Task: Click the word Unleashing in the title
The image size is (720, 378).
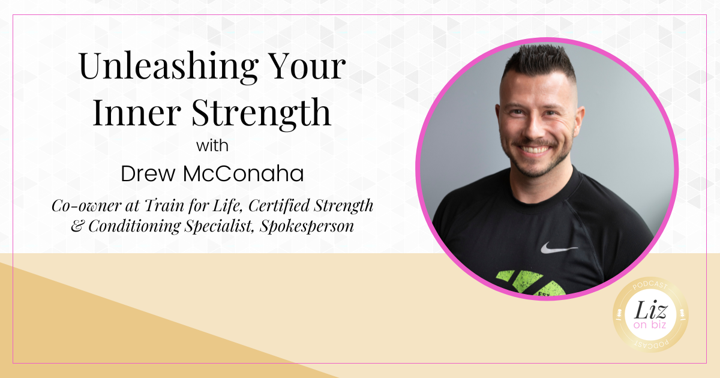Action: (x=169, y=67)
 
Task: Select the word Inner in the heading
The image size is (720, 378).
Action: (x=137, y=113)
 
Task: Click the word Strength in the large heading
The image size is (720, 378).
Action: (x=262, y=114)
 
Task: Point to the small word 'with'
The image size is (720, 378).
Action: (x=212, y=146)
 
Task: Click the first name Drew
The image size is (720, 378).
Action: (x=148, y=173)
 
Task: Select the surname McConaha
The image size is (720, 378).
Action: (x=244, y=173)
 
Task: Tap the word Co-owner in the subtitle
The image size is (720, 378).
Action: (x=86, y=206)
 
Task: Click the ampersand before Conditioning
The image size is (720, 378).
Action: (x=77, y=226)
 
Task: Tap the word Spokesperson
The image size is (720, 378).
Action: (x=307, y=226)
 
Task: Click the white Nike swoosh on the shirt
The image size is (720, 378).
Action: (x=559, y=248)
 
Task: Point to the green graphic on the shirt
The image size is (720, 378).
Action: (x=532, y=283)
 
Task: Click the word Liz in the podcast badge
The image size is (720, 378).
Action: (x=650, y=310)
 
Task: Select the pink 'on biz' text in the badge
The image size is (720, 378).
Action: (x=650, y=325)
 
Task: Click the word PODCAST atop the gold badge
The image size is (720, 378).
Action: (x=650, y=285)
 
